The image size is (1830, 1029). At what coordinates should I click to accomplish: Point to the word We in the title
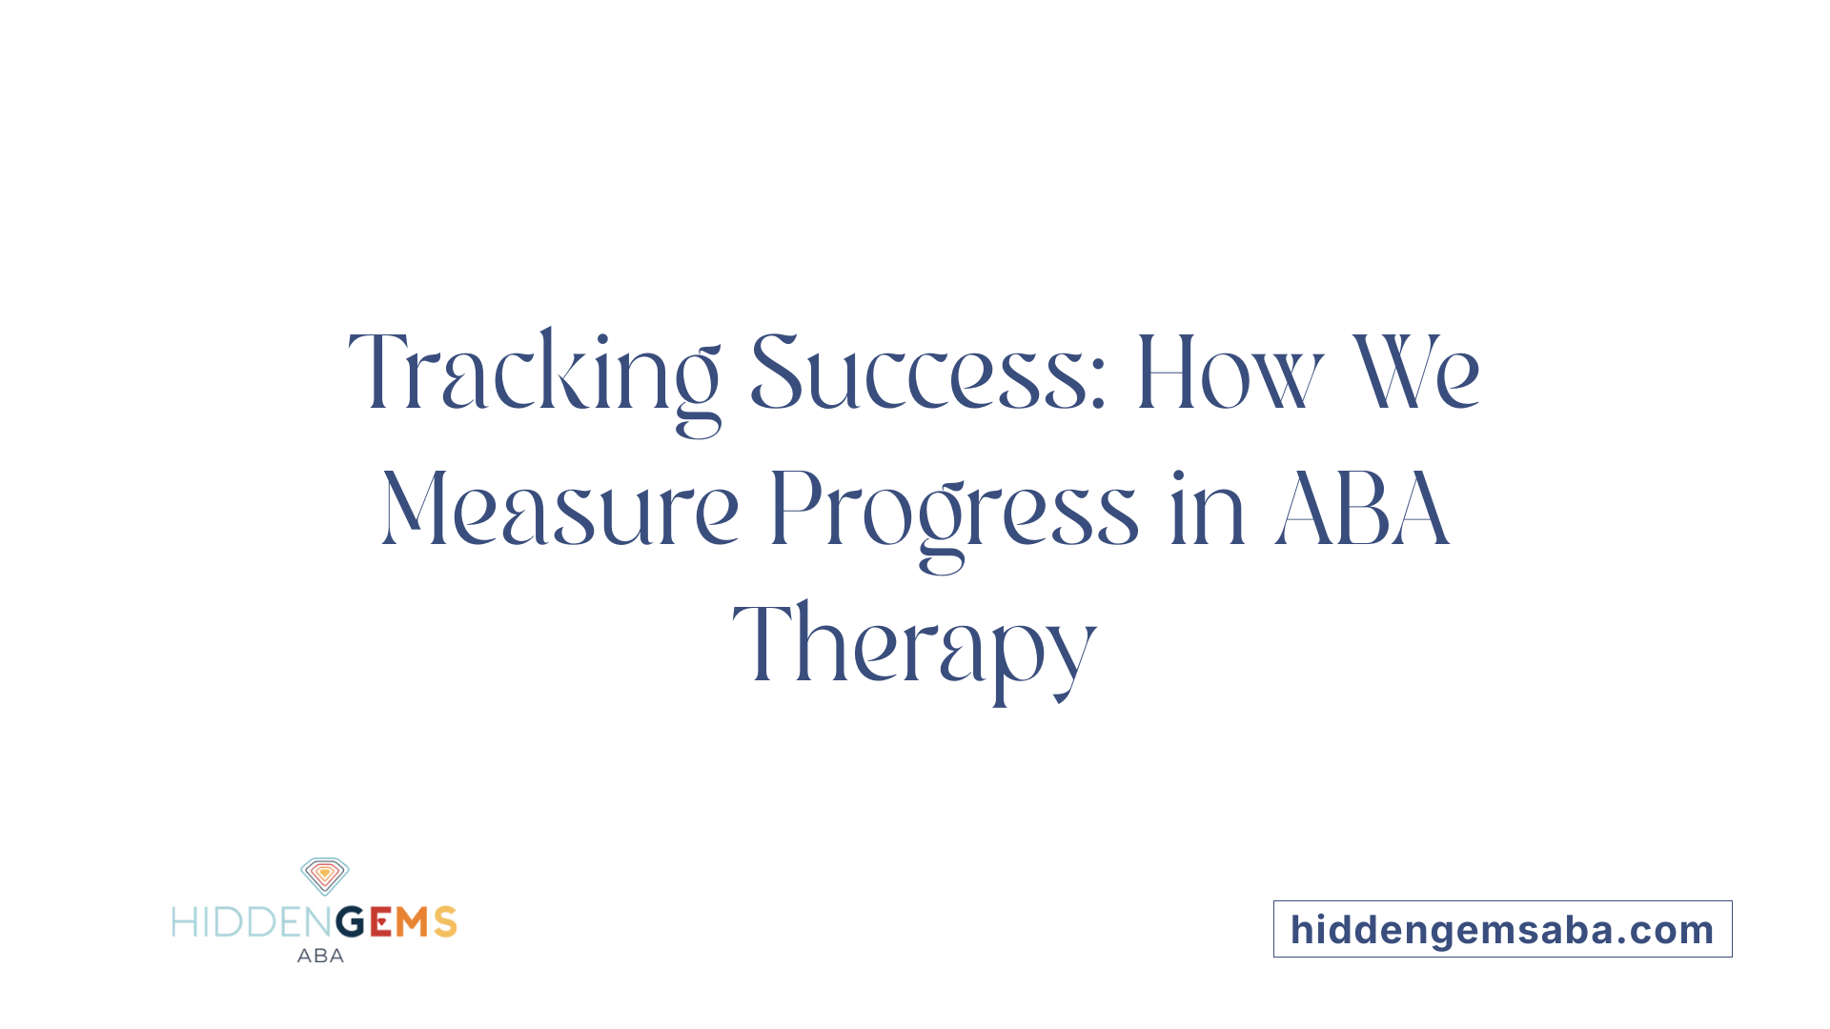tap(1417, 373)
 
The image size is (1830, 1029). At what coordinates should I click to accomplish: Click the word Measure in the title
tap(560, 510)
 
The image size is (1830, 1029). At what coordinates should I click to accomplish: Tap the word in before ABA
tap(1207, 510)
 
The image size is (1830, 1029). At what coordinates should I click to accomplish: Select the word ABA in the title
tap(1362, 510)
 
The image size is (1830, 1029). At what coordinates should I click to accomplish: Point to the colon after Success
tap(1098, 385)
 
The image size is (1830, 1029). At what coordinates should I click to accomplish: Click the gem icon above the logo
tap(325, 876)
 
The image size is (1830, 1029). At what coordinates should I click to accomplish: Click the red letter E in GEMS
tap(380, 922)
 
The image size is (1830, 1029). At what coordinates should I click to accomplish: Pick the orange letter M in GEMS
tap(413, 922)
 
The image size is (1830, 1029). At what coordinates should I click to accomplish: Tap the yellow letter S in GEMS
tap(445, 922)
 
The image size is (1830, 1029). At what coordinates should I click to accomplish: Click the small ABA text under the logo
tap(320, 956)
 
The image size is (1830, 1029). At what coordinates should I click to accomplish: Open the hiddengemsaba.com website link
tap(1502, 930)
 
